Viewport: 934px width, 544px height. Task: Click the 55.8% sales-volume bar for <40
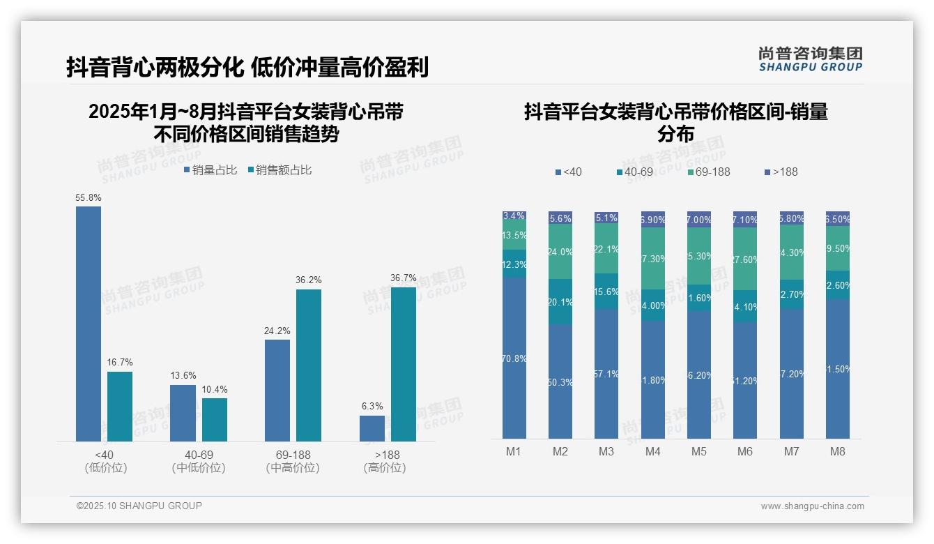(x=89, y=324)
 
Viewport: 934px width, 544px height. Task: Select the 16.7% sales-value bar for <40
(x=120, y=407)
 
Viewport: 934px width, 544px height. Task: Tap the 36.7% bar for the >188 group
(x=404, y=364)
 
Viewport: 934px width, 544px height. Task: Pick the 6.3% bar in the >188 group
(x=372, y=428)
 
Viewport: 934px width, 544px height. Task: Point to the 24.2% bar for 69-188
(x=277, y=390)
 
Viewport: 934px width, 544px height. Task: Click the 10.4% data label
(x=215, y=389)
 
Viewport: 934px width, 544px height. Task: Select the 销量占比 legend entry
(x=210, y=170)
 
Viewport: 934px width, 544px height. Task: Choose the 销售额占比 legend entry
(x=280, y=170)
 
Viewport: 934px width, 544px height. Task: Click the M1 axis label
(x=514, y=451)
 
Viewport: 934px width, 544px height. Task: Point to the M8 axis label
(x=838, y=451)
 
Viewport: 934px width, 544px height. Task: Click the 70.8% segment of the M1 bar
(x=514, y=358)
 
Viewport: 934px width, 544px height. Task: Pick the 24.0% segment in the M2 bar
(x=560, y=252)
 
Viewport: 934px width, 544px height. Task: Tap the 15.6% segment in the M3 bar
(x=606, y=292)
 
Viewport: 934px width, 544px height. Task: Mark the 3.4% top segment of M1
(x=514, y=216)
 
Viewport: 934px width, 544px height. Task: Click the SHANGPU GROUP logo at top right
(x=811, y=59)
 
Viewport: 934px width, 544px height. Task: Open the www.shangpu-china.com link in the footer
(x=812, y=506)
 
